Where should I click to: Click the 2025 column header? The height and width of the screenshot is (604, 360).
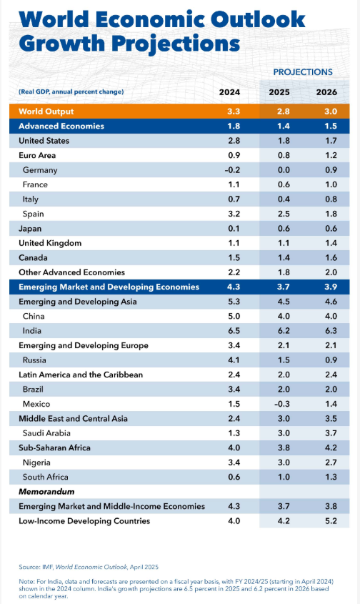click(x=279, y=92)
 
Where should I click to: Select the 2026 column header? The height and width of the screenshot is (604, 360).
click(x=326, y=92)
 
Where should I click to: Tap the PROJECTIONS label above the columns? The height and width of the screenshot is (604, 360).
click(x=303, y=72)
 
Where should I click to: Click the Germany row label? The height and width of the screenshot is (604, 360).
click(x=40, y=170)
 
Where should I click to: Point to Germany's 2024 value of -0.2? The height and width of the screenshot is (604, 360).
click(x=233, y=170)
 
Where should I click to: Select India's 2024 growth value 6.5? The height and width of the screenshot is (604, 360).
click(x=233, y=331)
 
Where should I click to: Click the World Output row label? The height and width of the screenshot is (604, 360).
click(x=46, y=112)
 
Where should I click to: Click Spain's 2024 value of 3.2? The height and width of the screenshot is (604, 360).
click(x=233, y=214)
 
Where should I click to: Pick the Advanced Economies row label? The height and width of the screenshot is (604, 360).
click(x=61, y=127)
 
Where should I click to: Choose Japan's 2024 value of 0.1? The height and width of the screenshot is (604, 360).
click(x=233, y=229)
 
